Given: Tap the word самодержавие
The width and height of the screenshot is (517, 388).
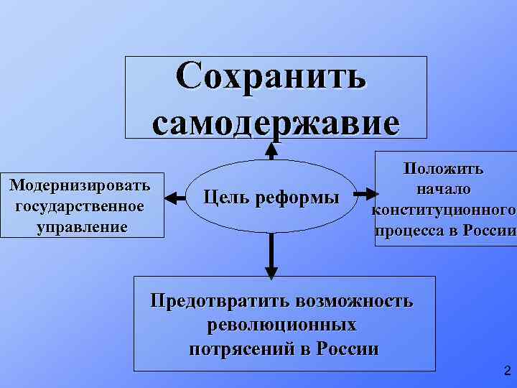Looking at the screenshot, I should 275,121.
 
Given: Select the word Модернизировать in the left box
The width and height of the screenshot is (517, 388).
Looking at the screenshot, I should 80,185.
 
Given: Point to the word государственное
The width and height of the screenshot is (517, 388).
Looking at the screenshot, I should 80,206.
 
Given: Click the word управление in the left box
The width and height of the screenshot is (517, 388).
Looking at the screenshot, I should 81,227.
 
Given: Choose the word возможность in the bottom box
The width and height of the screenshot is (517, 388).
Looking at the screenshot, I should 352,300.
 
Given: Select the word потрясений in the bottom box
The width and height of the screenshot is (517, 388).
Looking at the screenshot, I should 240,349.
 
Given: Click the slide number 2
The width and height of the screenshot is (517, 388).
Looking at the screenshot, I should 507,371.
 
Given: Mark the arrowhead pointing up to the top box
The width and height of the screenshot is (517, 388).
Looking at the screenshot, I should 271,149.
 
